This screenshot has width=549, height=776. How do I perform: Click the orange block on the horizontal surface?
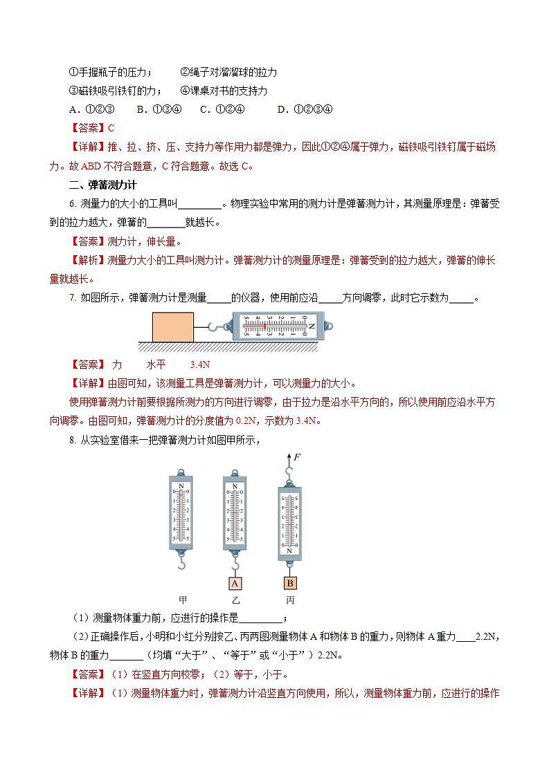pos(172,326)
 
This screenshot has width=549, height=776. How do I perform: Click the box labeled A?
pos(235,582)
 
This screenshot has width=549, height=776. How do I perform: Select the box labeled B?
pos(290,582)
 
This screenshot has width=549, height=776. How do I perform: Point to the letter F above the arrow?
pos(297,457)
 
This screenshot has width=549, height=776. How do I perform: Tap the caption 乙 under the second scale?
pos(236,600)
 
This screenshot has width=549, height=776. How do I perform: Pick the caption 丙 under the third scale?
pos(290,600)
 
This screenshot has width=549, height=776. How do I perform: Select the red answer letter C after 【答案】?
pos(111,128)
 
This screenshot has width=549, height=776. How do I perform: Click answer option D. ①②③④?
pos(305,109)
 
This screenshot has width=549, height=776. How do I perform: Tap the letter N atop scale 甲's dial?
pos(181,486)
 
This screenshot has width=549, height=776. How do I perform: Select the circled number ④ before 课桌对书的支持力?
pos(185,91)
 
